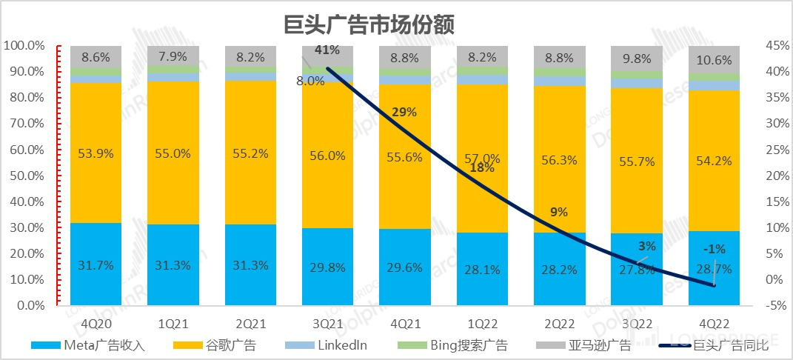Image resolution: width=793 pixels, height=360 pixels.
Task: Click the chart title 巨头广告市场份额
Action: (369, 24)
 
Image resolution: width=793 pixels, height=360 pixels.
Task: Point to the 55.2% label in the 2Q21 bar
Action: (250, 155)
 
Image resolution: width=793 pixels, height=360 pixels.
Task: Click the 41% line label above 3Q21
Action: (327, 50)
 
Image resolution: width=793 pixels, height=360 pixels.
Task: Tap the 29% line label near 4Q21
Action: (406, 113)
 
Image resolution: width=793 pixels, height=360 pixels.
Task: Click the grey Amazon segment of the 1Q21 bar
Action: (173, 56)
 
